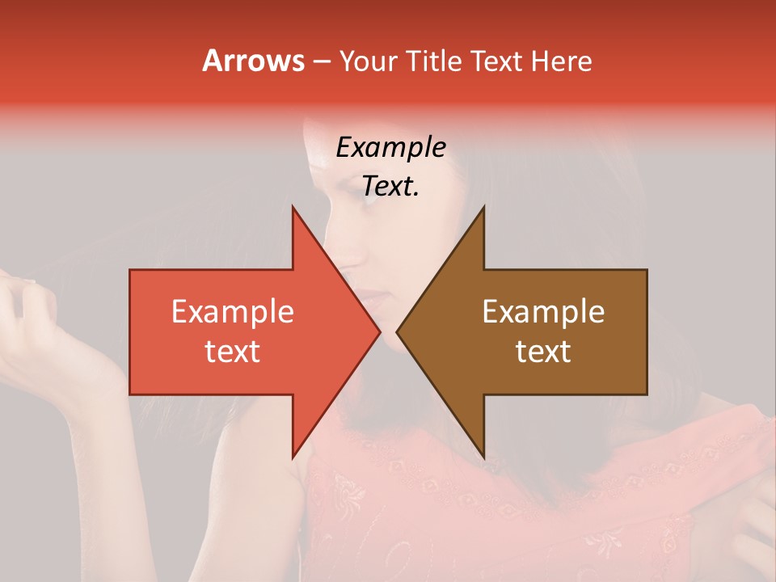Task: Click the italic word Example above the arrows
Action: (x=390, y=147)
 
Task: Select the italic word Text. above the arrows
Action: (x=390, y=186)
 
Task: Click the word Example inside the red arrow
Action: (x=233, y=312)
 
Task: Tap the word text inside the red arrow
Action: (x=233, y=352)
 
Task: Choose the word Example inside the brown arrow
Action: (x=543, y=312)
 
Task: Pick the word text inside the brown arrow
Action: (x=543, y=352)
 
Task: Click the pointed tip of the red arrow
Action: (x=380, y=331)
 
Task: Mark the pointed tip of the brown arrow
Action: (x=397, y=331)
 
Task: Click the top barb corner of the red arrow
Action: (x=293, y=207)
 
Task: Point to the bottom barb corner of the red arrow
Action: (x=293, y=458)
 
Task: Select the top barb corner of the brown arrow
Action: (x=483, y=207)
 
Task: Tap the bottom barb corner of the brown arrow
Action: (x=483, y=458)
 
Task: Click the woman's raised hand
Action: (x=32, y=323)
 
